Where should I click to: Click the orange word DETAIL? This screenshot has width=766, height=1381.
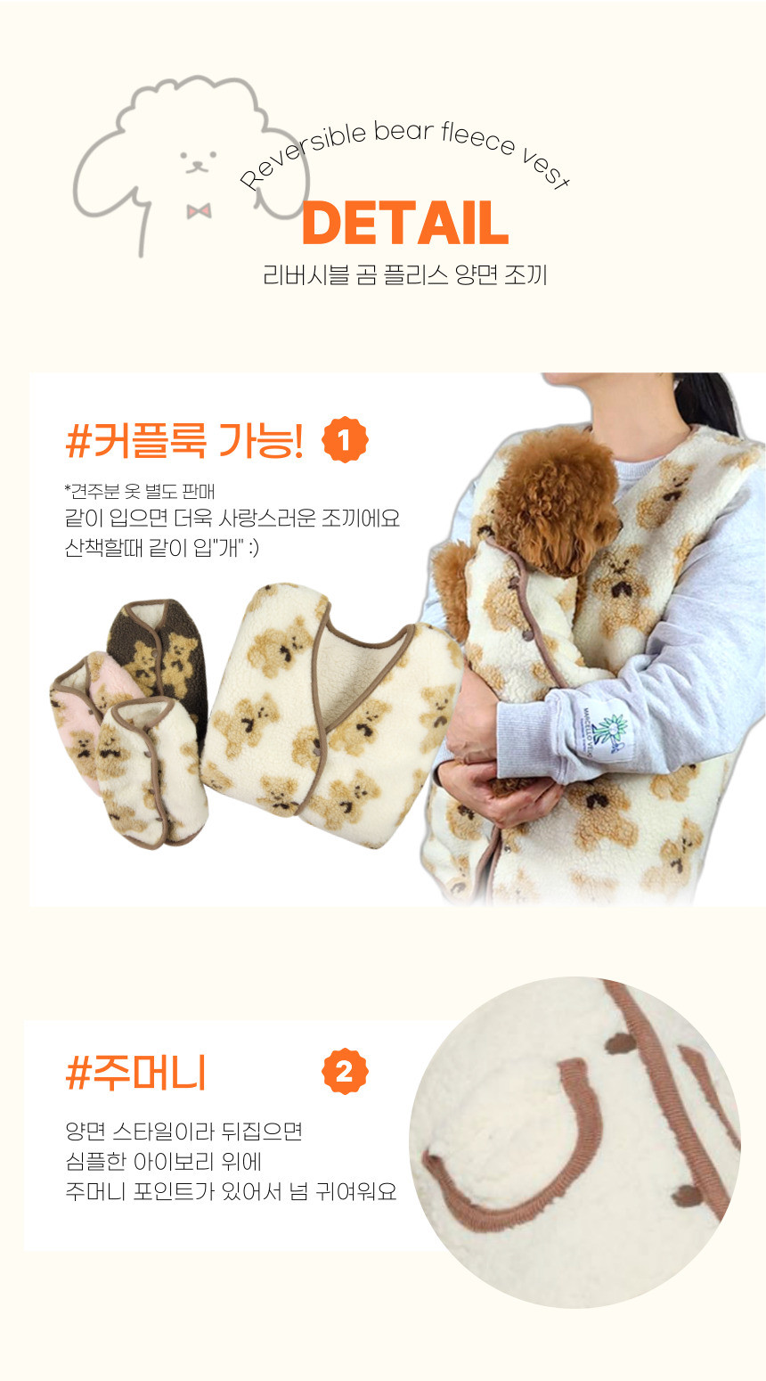click(x=405, y=223)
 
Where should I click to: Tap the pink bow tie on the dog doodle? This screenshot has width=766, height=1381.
click(x=199, y=211)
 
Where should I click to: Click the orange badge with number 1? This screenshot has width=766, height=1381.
click(x=345, y=439)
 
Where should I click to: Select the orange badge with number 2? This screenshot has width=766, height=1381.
click(x=345, y=1072)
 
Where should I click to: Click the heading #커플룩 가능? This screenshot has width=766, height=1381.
click(x=184, y=440)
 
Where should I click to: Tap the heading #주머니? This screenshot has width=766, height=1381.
click(x=135, y=1074)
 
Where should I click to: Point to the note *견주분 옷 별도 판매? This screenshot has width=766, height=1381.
click(x=139, y=491)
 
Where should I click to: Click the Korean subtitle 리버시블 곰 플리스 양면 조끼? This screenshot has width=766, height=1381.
click(x=405, y=275)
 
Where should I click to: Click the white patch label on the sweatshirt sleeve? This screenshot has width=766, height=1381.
click(x=604, y=731)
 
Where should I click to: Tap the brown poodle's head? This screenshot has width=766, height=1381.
click(x=558, y=499)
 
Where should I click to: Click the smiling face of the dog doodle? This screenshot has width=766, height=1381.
click(x=198, y=160)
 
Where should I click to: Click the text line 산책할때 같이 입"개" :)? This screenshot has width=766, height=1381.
click(x=161, y=547)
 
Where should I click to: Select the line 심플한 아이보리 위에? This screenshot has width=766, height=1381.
click(x=163, y=1162)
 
